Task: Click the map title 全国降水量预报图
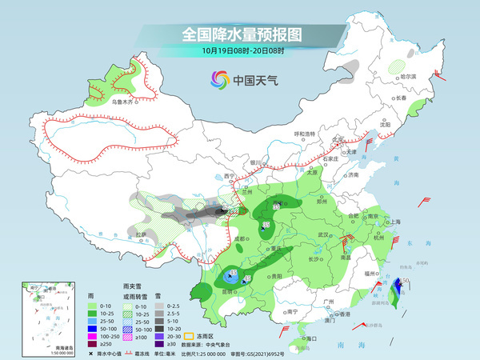241,34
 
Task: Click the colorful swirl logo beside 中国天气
218,79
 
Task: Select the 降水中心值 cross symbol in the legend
91,353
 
